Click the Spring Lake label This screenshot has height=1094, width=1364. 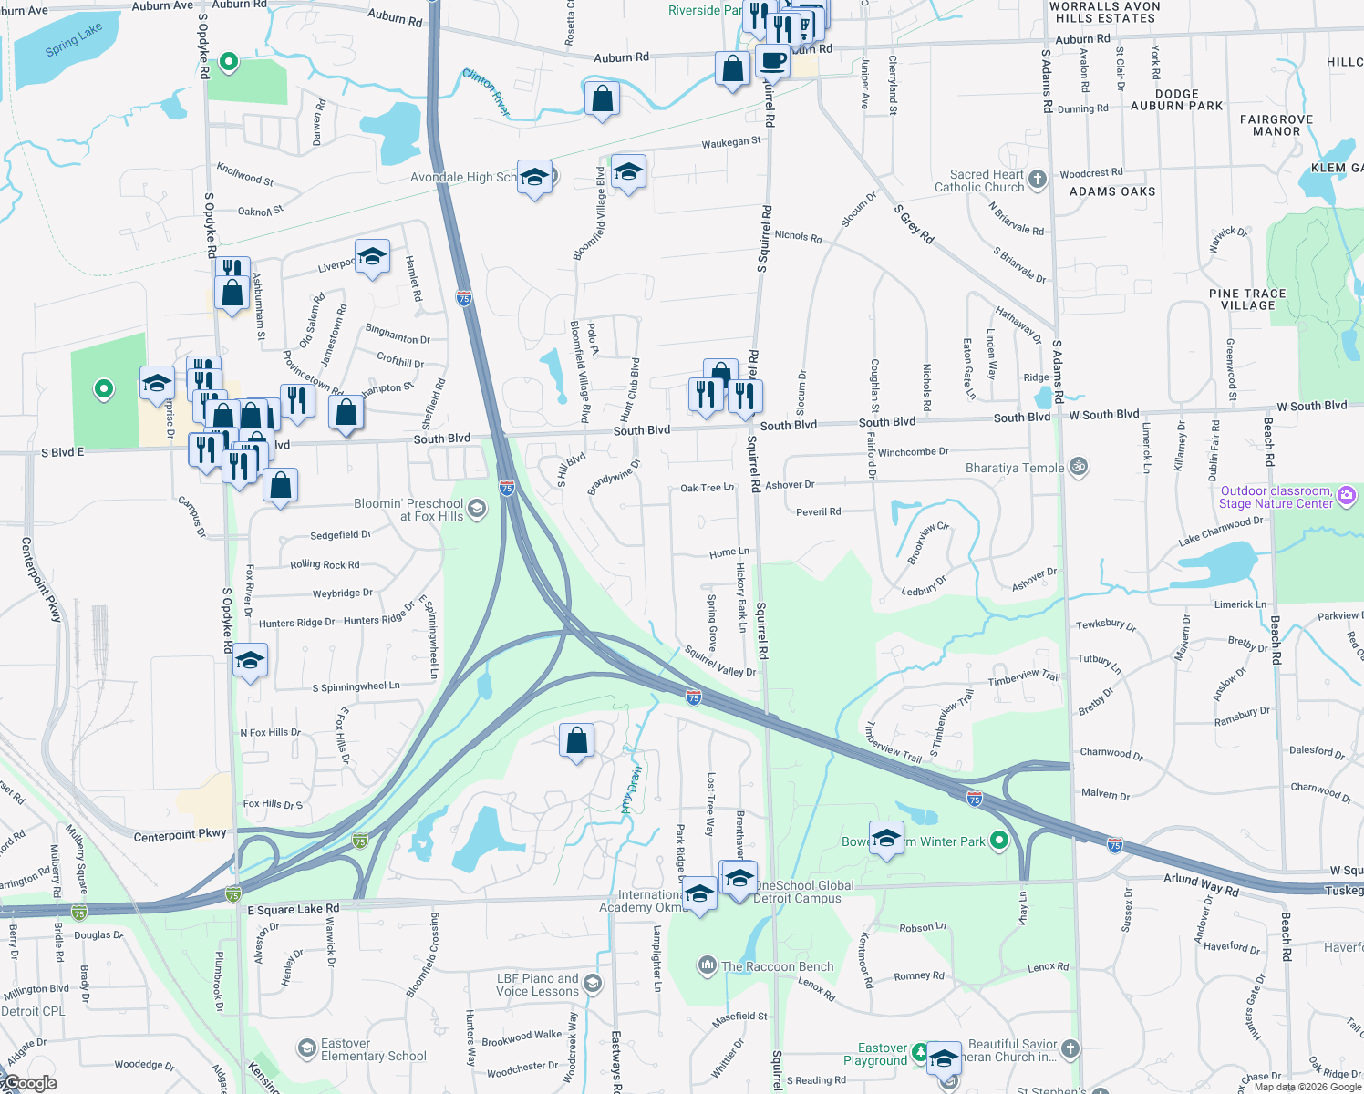tap(74, 41)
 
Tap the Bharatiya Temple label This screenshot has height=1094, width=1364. tap(1015, 468)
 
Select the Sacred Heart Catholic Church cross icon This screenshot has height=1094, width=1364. tap(1038, 180)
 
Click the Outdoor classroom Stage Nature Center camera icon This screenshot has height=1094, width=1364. tap(1348, 496)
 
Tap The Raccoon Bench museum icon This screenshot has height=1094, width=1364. tap(707, 965)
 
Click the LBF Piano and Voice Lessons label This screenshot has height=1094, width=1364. tap(537, 985)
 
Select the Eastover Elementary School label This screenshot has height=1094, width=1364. tap(373, 1050)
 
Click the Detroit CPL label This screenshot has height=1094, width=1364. tap(34, 1011)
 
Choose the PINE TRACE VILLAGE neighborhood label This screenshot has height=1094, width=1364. tap(1247, 299)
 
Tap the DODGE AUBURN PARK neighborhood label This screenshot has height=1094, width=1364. tap(1176, 100)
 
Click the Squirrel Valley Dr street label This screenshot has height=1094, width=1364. tap(720, 663)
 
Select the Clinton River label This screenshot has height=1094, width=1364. tap(487, 92)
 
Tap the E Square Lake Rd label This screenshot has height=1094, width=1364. tap(294, 909)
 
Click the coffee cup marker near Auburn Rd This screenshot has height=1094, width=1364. tap(772, 62)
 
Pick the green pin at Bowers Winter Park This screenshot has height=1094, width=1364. tap(999, 841)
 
